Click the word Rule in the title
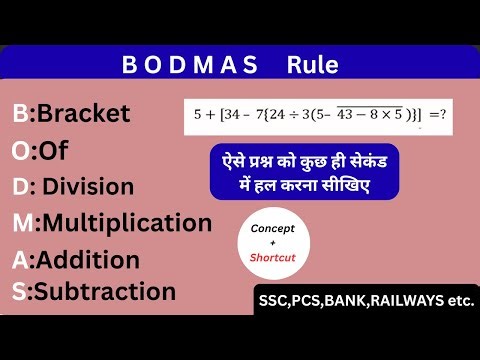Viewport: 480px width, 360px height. (x=312, y=66)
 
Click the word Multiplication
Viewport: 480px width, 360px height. (x=127, y=222)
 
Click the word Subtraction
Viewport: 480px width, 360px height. (x=105, y=292)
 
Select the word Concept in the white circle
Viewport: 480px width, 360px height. (x=273, y=229)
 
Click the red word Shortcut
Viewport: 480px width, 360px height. (x=273, y=256)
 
